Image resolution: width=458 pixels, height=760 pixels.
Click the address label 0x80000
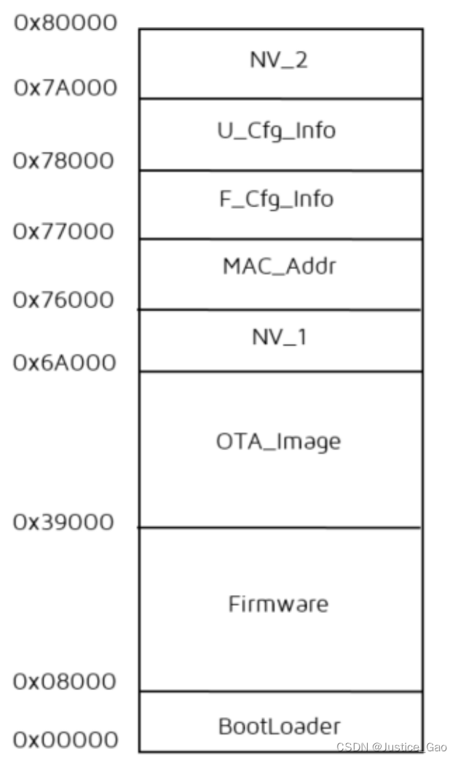pyautogui.click(x=66, y=23)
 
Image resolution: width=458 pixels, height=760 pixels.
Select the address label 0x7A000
pyautogui.click(x=66, y=89)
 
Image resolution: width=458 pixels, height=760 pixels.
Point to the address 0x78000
pyautogui.click(x=64, y=160)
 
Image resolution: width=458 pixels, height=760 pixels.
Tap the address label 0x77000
pyautogui.click(x=64, y=232)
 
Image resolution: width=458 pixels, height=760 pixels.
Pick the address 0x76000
pyautogui.click(x=64, y=300)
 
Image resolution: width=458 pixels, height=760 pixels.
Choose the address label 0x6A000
pyautogui.click(x=65, y=361)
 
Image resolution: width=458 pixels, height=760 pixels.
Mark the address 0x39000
pyautogui.click(x=63, y=522)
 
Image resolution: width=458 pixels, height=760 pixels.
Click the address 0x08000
pyautogui.click(x=64, y=682)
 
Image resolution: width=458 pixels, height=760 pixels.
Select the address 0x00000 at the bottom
pyautogui.click(x=66, y=740)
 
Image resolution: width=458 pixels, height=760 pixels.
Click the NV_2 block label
pyautogui.click(x=279, y=60)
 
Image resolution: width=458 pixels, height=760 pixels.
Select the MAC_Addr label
pyautogui.click(x=280, y=267)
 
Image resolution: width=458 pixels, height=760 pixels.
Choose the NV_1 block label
pyautogui.click(x=279, y=337)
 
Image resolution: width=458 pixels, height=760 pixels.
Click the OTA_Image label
pyautogui.click(x=279, y=441)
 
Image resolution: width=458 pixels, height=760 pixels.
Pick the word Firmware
pyautogui.click(x=279, y=604)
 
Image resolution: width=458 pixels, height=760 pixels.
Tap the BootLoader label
pyautogui.click(x=279, y=726)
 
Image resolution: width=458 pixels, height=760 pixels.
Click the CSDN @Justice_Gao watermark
pyautogui.click(x=392, y=748)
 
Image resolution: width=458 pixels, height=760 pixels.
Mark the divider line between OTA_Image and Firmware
pyautogui.click(x=280, y=527)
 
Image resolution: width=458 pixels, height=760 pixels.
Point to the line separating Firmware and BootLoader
pyautogui.click(x=280, y=692)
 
